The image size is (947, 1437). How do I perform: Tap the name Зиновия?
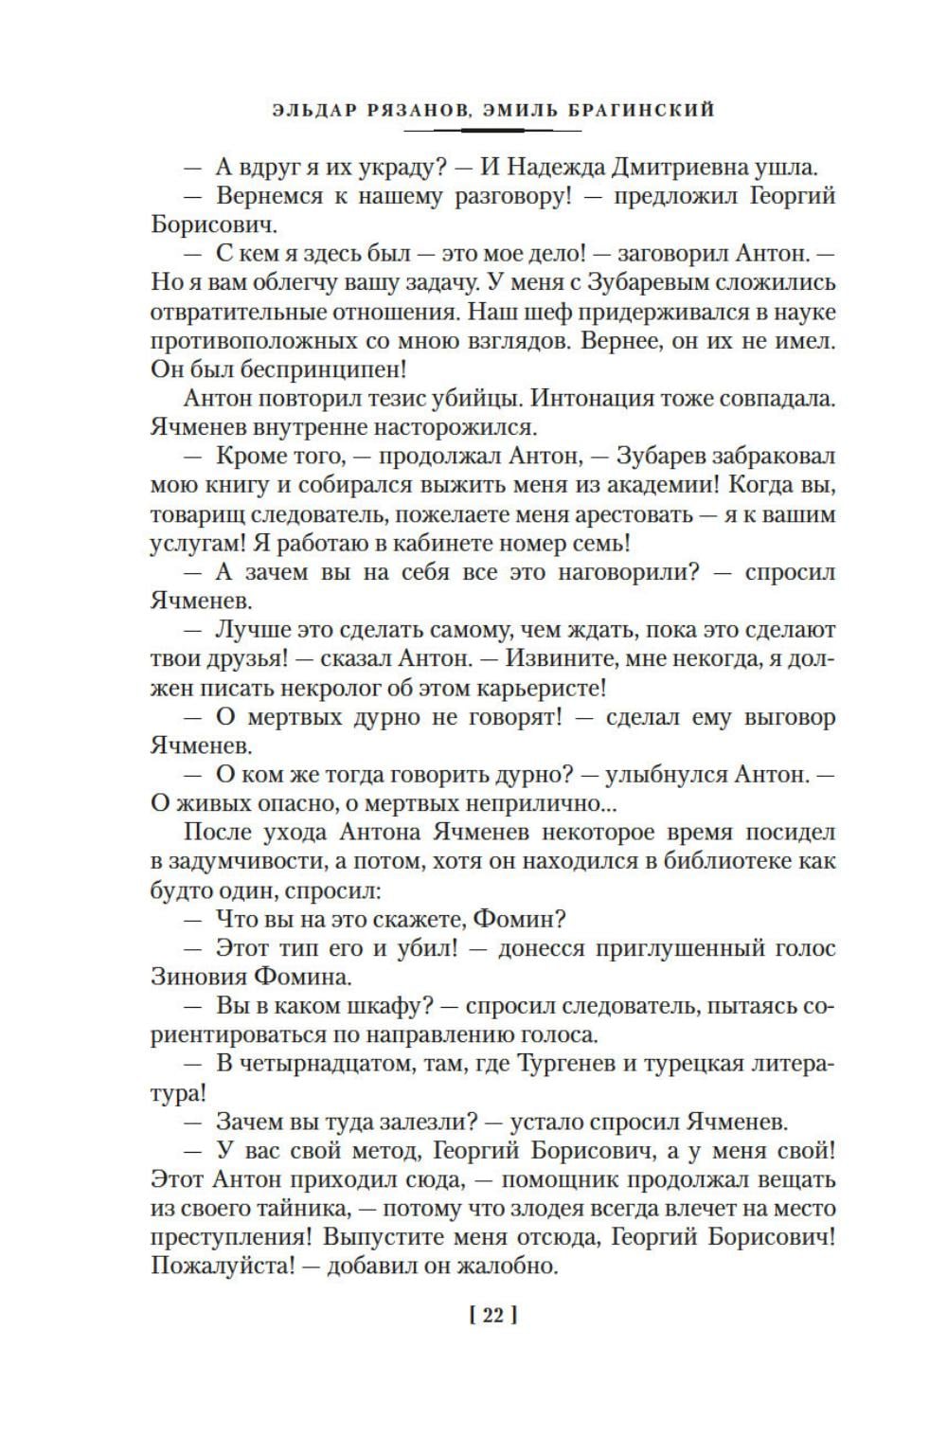pyautogui.click(x=198, y=977)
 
